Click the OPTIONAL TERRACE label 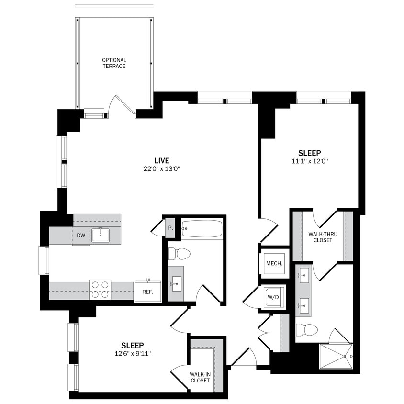pos(114,63)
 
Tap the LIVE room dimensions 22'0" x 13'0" pos(161,168)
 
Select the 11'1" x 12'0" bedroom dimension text pos(310,161)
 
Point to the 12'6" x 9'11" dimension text pos(133,354)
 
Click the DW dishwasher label pos(81,235)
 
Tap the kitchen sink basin pos(100,235)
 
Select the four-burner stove pos(100,289)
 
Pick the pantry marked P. pos(170,228)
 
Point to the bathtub pos(202,229)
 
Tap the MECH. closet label pos(274,263)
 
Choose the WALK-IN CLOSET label pos(200,377)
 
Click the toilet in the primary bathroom pos(307,330)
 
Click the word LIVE pos(161,160)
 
